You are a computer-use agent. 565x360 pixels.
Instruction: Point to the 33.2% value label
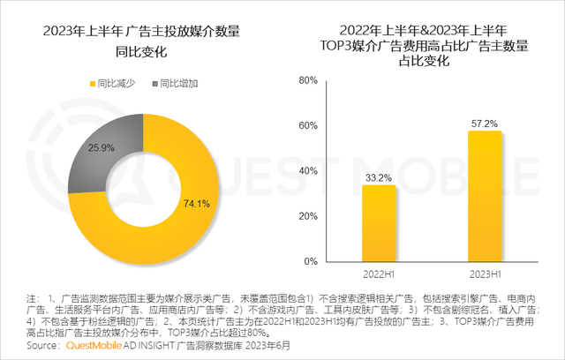[378, 177]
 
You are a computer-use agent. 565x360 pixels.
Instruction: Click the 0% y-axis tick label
[311, 262]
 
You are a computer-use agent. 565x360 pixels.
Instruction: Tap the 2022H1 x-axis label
[378, 276]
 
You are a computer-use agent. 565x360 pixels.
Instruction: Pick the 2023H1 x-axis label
[485, 276]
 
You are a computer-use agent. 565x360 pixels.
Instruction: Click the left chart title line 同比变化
[141, 53]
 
